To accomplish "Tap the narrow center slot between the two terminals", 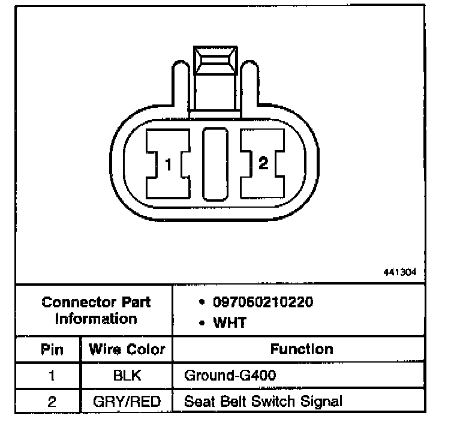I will (215, 164).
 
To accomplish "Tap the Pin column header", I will (52, 349).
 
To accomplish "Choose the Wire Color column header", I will (127, 349).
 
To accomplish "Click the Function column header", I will (302, 349).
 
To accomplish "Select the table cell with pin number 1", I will (52, 376).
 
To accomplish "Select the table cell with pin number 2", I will (52, 400).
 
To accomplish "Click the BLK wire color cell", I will (127, 376).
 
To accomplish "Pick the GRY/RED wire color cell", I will (127, 400).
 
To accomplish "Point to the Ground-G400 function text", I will (231, 376).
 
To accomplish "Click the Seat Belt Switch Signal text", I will (263, 400).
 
